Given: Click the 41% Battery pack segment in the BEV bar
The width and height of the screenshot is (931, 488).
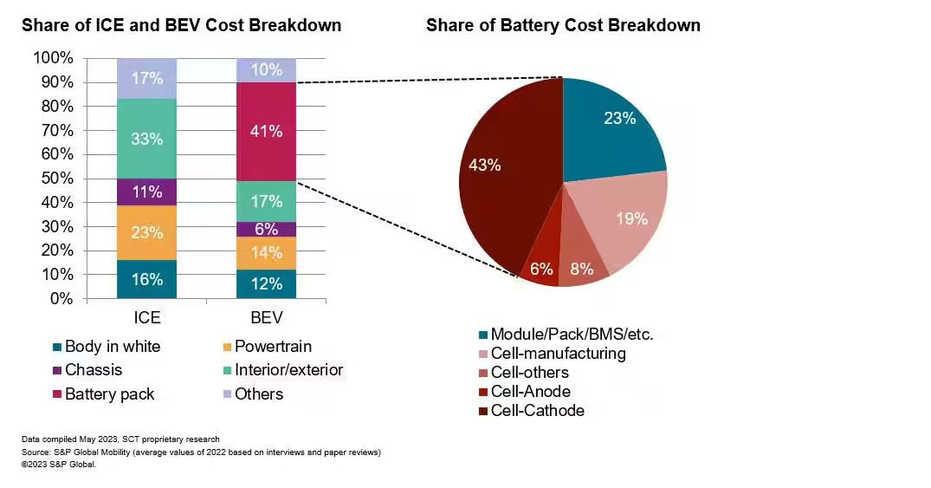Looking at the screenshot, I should tap(266, 132).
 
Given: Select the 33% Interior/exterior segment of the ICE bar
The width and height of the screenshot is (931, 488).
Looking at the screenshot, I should tap(147, 139).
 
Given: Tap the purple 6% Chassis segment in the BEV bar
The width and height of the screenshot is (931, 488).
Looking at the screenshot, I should tap(266, 229).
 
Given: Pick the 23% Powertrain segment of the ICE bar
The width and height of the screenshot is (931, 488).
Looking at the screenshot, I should tap(147, 231).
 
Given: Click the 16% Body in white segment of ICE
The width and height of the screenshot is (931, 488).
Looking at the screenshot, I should tap(147, 278).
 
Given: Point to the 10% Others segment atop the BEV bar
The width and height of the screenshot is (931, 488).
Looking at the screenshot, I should tap(266, 70).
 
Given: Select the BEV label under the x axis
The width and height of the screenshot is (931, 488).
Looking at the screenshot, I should tap(266, 318).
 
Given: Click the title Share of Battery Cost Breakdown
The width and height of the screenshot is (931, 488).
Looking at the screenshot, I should tap(563, 25).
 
